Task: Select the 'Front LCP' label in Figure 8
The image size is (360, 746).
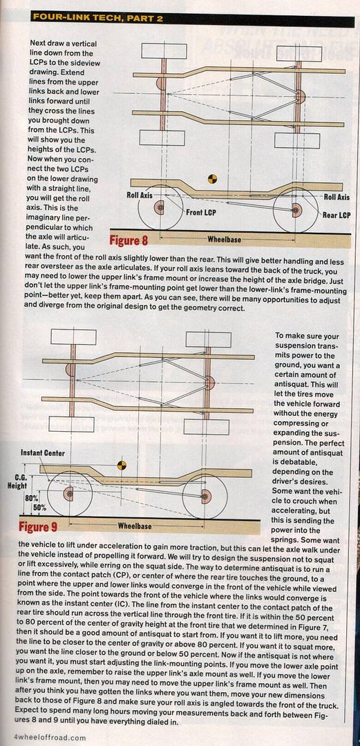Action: (x=200, y=213)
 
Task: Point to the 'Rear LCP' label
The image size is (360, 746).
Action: (x=337, y=215)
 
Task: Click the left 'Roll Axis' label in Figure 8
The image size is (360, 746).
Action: (x=140, y=195)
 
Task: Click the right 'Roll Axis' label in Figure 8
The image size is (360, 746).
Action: (x=337, y=196)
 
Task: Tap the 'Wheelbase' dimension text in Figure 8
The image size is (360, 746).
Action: (x=224, y=239)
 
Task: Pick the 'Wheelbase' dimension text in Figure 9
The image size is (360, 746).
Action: (x=135, y=526)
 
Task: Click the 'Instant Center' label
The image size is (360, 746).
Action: (x=42, y=452)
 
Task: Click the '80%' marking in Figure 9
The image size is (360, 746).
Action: (x=31, y=497)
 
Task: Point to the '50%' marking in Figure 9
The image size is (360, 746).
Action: (x=39, y=507)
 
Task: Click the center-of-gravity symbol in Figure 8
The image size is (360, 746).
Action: (x=212, y=179)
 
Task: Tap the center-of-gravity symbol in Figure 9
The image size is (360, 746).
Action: (x=122, y=464)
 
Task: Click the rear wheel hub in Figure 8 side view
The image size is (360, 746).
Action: (x=296, y=210)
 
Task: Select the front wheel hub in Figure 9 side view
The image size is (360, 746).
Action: (x=69, y=495)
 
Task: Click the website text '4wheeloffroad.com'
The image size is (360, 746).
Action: (x=44, y=738)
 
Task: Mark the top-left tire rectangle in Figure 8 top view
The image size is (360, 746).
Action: (x=164, y=51)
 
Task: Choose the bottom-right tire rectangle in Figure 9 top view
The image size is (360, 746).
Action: (x=207, y=427)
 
